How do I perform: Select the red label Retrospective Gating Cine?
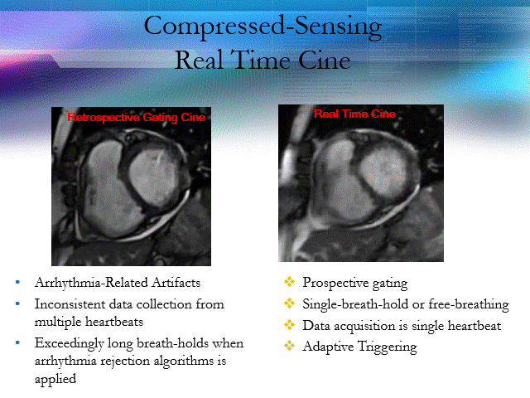(136, 117)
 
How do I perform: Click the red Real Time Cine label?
(354, 114)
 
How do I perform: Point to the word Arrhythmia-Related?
(91, 283)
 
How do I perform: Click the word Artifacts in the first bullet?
(176, 283)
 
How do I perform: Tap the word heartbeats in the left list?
(114, 321)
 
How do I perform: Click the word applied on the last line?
(55, 379)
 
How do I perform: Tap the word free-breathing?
(469, 304)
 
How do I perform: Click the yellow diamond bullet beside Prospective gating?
(289, 282)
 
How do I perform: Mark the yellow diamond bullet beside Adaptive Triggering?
(289, 346)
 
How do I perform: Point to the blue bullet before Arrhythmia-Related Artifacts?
(17, 282)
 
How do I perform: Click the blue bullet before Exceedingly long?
(17, 342)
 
